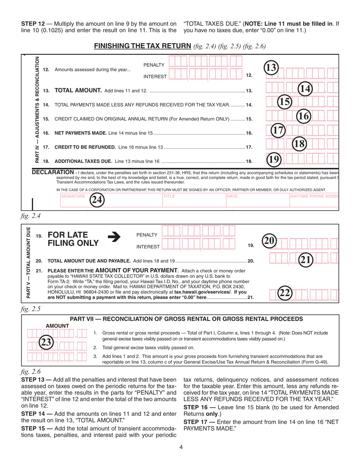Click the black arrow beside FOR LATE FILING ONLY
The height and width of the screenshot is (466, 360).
click(x=114, y=237)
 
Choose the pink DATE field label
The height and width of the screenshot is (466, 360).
click(x=232, y=196)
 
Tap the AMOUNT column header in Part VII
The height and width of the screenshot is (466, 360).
click(x=57, y=326)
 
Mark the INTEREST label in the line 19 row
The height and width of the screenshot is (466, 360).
click(x=148, y=247)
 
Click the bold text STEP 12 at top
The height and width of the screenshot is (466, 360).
click(x=33, y=24)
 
